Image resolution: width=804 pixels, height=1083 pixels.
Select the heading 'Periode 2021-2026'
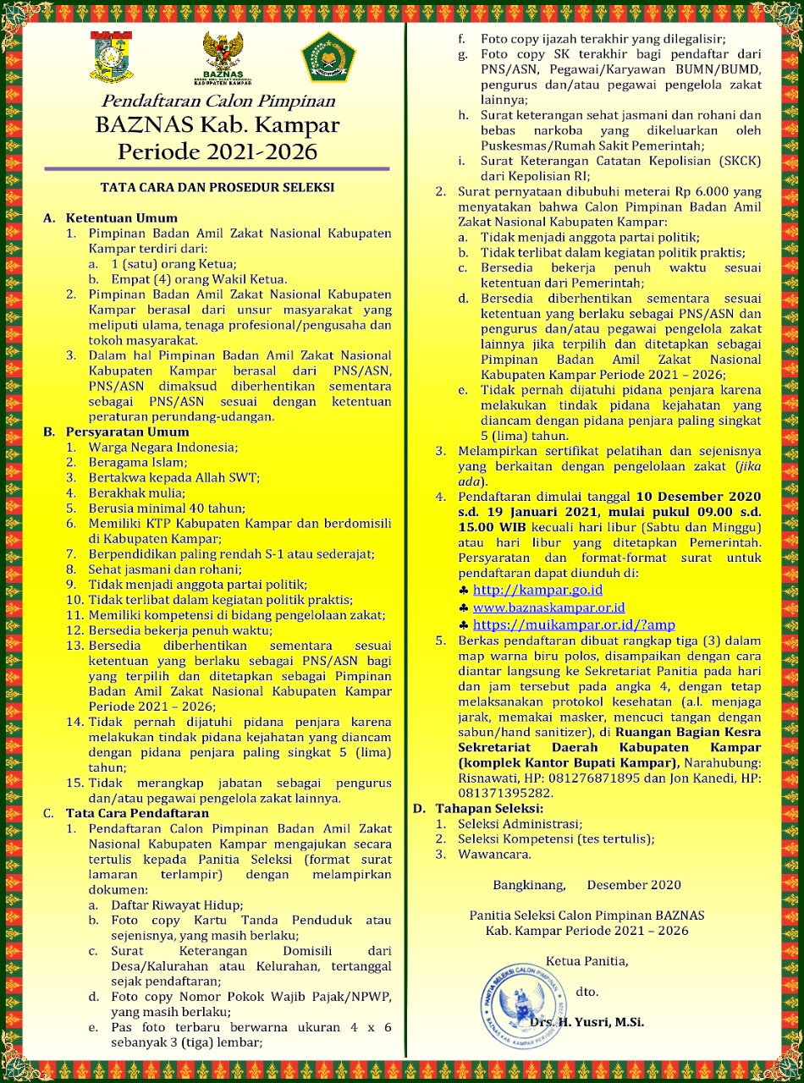[217, 151]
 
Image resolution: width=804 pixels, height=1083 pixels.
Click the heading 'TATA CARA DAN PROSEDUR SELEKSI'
[217, 187]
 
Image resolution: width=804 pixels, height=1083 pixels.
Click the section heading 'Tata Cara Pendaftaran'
[137, 813]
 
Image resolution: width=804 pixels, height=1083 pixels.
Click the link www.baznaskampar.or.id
[548, 607]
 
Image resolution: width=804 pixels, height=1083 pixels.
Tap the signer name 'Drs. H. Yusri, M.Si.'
[586, 1022]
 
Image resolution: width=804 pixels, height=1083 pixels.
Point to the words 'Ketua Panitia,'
[586, 960]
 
